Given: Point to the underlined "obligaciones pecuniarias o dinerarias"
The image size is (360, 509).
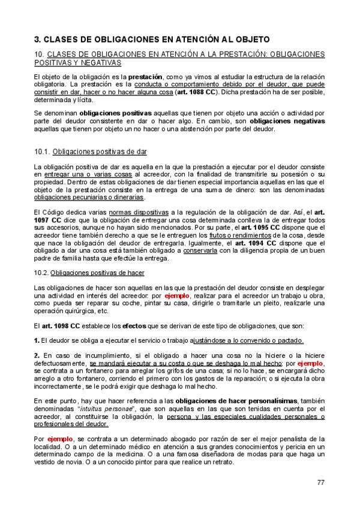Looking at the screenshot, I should [89, 196].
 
